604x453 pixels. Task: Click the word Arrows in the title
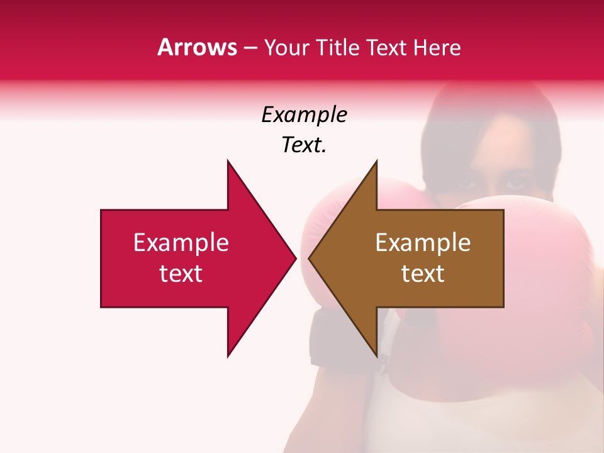point(197,48)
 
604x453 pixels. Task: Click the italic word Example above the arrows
point(305,115)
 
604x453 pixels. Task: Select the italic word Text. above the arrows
point(305,145)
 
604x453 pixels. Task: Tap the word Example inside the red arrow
point(181,243)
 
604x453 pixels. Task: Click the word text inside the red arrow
point(181,274)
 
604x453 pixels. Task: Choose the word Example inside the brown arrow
point(423,243)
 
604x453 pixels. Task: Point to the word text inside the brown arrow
point(423,274)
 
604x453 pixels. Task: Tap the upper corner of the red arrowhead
point(228,162)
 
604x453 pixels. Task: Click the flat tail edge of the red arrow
point(102,258)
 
